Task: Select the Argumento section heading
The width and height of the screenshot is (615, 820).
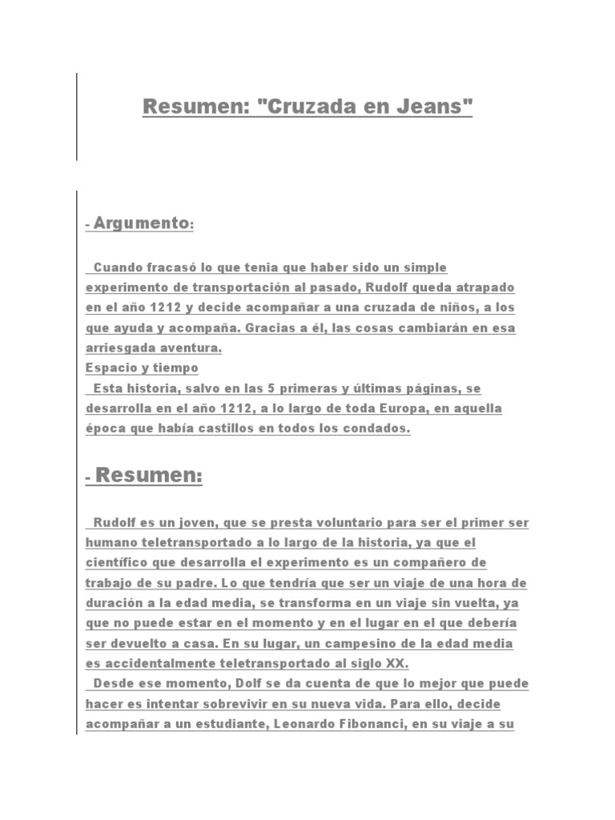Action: (141, 223)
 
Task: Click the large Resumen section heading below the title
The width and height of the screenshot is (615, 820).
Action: (148, 476)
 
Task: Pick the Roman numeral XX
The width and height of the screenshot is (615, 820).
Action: (394, 664)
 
